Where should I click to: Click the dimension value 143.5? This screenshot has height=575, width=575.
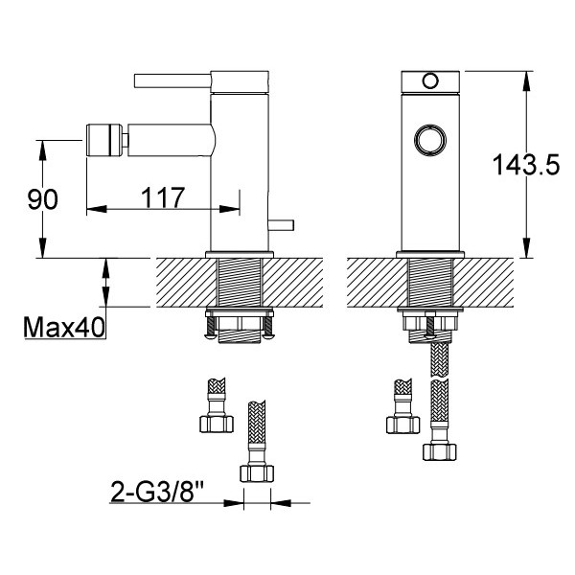pos(526,165)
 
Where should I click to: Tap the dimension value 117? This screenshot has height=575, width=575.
pos(163,197)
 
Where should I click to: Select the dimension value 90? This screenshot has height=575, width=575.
pos(42,200)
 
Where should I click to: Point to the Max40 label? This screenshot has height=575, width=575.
pos(64,327)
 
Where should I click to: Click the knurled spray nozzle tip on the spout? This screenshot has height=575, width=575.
pos(104,141)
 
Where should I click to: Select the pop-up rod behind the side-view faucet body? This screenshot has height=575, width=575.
pos(281,225)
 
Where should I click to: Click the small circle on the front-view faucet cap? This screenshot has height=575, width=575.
pos(430,80)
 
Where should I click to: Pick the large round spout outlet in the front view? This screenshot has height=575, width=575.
pos(430,140)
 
